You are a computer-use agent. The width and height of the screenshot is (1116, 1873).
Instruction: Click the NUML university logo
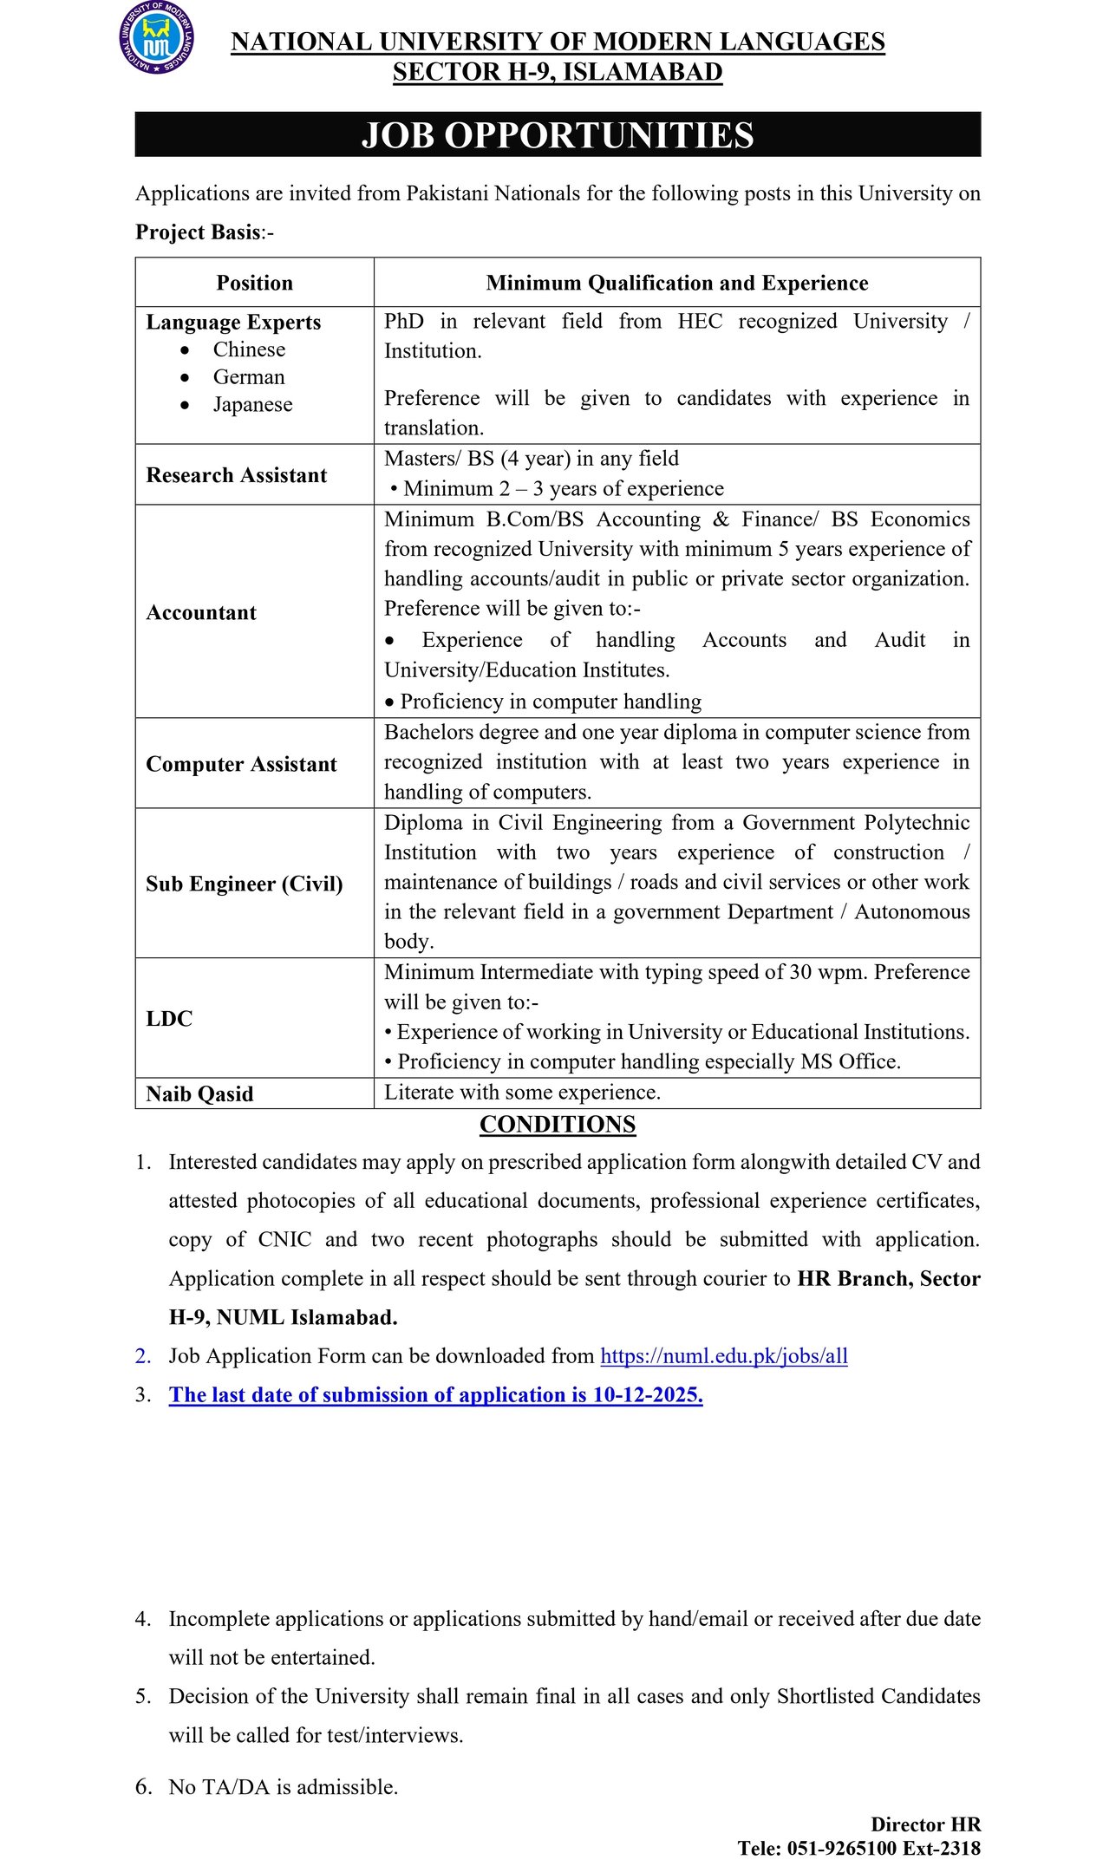tap(156, 37)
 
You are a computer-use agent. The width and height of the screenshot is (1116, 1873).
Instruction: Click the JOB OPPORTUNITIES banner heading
tap(558, 135)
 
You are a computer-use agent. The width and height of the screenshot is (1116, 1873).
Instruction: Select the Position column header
tap(255, 283)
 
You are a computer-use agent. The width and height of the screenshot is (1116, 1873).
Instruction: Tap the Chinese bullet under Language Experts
tap(249, 349)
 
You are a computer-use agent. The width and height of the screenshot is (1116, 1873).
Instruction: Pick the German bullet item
tap(249, 377)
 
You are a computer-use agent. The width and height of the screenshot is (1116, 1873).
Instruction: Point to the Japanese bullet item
tap(252, 405)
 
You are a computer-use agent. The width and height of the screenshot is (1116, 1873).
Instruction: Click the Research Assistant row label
tap(237, 475)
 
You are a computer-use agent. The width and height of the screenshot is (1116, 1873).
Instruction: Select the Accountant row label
tap(201, 612)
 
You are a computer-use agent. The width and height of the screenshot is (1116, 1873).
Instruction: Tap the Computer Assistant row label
tap(241, 764)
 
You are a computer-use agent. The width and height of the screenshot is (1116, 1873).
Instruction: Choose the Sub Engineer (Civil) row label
tap(245, 884)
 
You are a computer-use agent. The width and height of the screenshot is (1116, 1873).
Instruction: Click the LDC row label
tap(169, 1018)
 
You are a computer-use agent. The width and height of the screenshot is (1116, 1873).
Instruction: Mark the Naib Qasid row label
tap(199, 1093)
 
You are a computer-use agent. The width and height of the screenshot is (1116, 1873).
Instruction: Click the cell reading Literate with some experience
tap(522, 1093)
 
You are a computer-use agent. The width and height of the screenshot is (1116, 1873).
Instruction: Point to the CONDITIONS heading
tap(558, 1125)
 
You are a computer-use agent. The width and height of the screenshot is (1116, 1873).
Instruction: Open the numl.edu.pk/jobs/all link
tap(723, 1356)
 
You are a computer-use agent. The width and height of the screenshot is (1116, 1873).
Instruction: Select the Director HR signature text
tap(925, 1824)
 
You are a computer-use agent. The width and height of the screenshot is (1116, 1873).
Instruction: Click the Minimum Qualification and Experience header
tap(676, 283)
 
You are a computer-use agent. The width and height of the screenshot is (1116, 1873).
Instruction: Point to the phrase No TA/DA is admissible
tap(283, 1786)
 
